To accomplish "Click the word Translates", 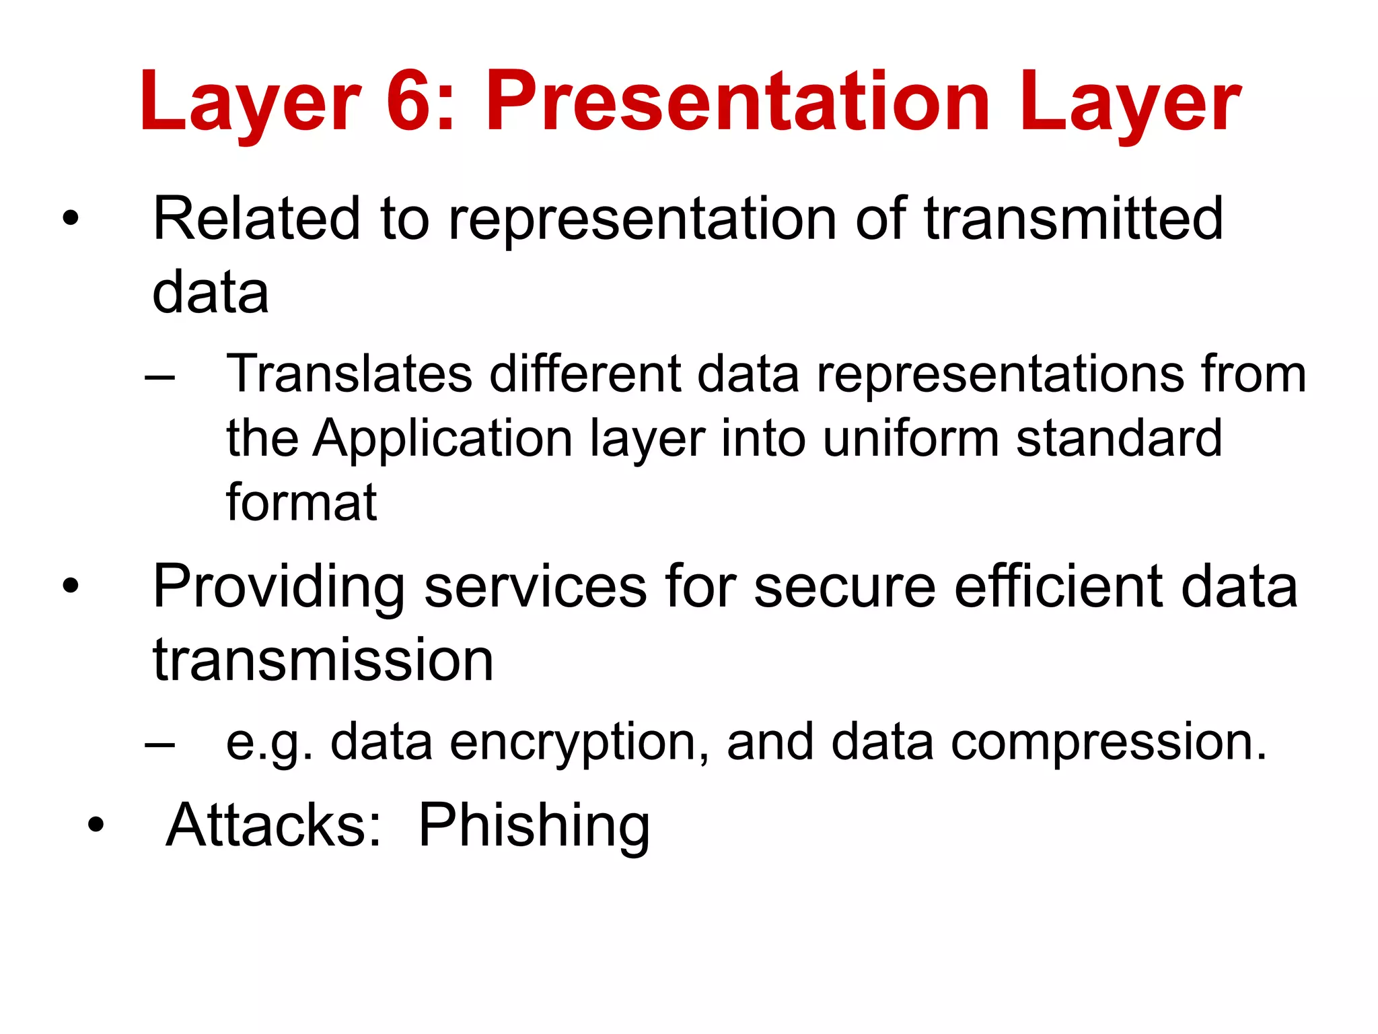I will point(349,374).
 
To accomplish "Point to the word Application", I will point(442,440).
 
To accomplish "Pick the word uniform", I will point(910,438).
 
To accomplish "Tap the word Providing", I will point(279,587).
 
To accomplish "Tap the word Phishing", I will point(534,826).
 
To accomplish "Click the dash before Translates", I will point(160,376).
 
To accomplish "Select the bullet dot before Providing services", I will point(70,586).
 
